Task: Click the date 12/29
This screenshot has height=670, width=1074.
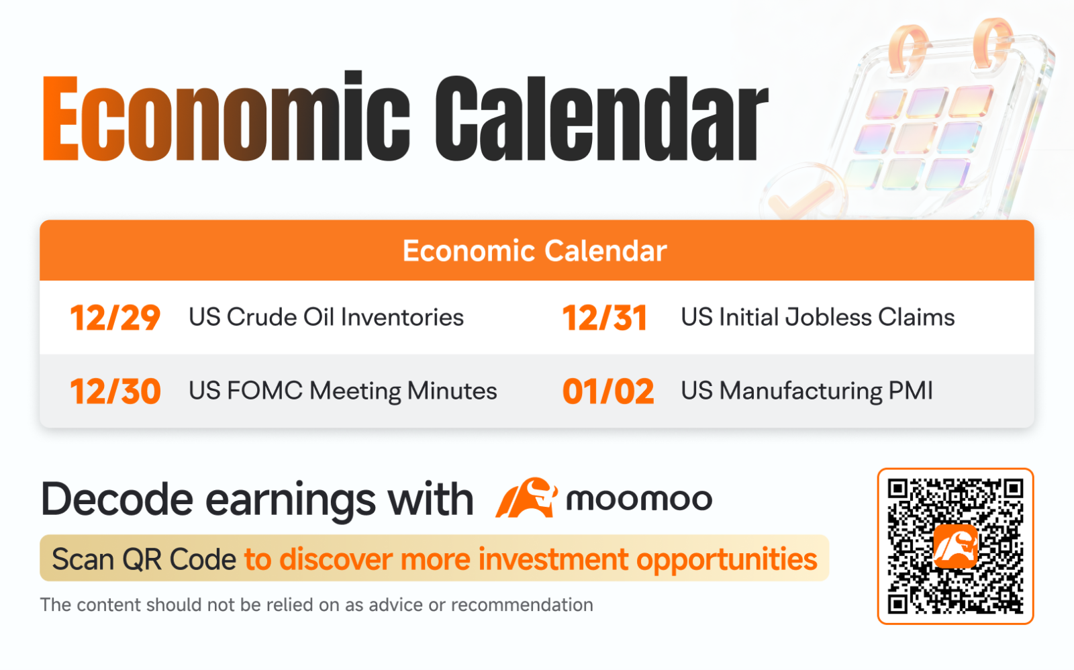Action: click(115, 318)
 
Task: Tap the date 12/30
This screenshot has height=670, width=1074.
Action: click(115, 391)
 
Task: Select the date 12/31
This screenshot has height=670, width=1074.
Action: click(604, 318)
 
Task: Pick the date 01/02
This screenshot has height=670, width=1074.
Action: click(608, 391)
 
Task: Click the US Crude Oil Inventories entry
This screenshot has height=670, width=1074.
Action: click(326, 318)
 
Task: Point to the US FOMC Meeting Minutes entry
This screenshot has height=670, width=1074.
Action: click(343, 391)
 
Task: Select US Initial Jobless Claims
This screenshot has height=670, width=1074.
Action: click(818, 318)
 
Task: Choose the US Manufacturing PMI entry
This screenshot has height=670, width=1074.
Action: click(807, 391)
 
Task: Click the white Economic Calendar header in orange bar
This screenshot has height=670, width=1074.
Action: click(534, 251)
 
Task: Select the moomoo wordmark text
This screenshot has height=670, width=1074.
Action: click(638, 499)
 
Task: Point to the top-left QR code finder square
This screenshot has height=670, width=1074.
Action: click(898, 489)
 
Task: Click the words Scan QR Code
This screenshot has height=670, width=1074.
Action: click(144, 559)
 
